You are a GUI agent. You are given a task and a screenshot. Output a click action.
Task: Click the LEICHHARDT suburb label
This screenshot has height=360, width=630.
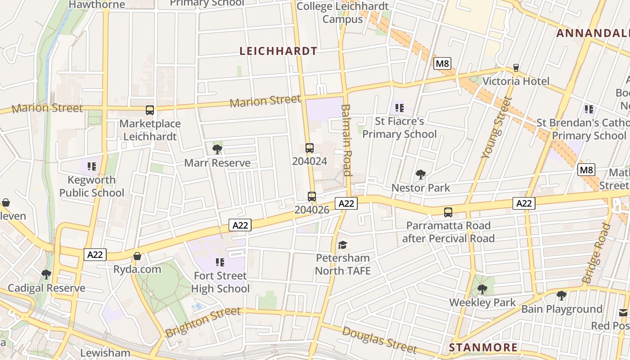[x=279, y=51]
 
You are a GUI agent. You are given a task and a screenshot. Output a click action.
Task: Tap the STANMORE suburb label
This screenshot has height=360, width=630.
[x=483, y=347]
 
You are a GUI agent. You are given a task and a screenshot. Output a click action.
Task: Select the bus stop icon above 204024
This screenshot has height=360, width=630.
[x=309, y=148]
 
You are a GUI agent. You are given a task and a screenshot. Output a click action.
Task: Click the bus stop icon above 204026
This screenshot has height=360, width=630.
[x=311, y=196]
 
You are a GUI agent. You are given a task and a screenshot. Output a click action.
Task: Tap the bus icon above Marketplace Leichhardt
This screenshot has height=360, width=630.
[x=150, y=110]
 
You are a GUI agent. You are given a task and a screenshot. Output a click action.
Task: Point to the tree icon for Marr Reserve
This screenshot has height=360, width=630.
[x=217, y=149]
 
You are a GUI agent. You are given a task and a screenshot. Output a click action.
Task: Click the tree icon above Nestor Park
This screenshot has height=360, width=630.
[x=421, y=174]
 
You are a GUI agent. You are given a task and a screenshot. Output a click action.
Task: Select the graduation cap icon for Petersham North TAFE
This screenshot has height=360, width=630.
[x=343, y=245]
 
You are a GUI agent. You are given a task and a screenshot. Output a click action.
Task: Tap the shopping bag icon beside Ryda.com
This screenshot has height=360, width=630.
[x=137, y=256]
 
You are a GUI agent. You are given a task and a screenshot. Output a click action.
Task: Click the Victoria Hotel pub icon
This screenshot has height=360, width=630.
[x=516, y=68]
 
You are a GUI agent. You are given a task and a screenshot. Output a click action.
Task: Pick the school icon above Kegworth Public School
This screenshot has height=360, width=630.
[x=92, y=166]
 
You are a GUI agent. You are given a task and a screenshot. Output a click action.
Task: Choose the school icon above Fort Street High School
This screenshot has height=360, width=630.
[x=220, y=262]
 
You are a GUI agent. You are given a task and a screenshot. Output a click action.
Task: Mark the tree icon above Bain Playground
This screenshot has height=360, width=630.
[x=561, y=296]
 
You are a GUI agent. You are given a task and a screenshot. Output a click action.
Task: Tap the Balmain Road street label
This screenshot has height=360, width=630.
[x=346, y=140]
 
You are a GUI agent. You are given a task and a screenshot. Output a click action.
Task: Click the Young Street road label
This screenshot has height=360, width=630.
[x=497, y=127]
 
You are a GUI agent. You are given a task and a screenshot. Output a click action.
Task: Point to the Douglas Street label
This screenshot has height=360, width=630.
[x=379, y=340]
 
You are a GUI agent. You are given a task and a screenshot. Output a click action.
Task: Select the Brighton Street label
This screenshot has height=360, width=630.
[x=203, y=322]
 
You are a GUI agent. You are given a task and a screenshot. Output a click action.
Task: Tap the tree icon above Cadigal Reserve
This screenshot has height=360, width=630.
[x=46, y=274]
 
